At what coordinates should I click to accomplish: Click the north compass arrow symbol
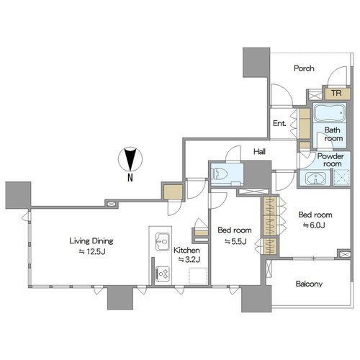click(x=130, y=159)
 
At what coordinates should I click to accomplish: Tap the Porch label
click(x=304, y=68)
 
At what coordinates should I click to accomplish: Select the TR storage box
click(x=338, y=94)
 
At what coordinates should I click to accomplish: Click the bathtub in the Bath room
click(x=330, y=113)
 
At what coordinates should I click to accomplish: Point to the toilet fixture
click(x=219, y=174)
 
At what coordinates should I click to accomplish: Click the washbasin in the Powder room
click(x=315, y=179)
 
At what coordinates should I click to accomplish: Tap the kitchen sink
click(x=163, y=241)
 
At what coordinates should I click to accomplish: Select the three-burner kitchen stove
click(x=163, y=274)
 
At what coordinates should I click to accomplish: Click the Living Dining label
click(x=91, y=240)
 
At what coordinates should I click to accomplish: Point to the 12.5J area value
click(x=92, y=251)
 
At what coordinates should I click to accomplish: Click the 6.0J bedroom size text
click(x=314, y=225)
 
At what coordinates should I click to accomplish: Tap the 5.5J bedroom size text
click(x=235, y=241)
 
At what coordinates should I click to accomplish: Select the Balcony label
click(x=309, y=284)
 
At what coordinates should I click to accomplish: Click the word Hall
click(x=259, y=151)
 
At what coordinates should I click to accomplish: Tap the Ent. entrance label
click(x=279, y=123)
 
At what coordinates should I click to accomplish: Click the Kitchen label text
click(x=186, y=251)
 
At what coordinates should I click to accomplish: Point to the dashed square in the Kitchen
click(x=198, y=276)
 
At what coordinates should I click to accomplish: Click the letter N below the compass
click(x=130, y=178)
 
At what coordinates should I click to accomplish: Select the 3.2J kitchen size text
click(x=189, y=259)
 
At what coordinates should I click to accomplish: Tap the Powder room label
click(x=330, y=160)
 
